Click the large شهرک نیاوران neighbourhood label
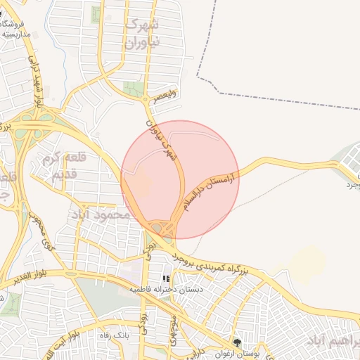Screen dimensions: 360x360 [x=142, y=33]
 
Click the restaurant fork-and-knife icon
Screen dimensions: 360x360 [x=166, y=279]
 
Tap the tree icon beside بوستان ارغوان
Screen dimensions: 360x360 [x=238, y=342]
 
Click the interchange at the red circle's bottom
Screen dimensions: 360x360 [x=164, y=228]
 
